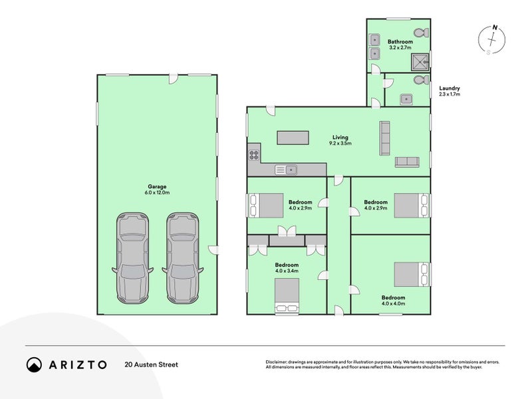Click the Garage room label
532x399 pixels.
point(157,187)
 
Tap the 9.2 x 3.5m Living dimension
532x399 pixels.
point(340,143)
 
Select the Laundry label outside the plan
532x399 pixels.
point(450,88)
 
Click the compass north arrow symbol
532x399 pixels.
point(491,40)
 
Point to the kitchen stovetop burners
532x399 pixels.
point(254,155)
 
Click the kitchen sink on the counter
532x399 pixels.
point(286,170)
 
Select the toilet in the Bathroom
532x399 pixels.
point(422,33)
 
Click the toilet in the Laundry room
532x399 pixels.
point(422,80)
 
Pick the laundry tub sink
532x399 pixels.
point(406,99)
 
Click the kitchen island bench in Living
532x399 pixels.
point(293,138)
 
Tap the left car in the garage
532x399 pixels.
point(132,258)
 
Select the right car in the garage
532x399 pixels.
point(182,258)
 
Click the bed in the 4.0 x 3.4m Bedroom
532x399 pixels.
point(287,295)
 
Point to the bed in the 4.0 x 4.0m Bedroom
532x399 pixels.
point(412,275)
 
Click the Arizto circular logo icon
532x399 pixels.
point(35,364)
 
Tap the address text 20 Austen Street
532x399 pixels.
point(152,364)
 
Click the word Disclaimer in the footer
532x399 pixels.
point(276,362)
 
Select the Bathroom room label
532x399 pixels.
point(400,42)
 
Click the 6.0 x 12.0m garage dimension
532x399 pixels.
point(157,193)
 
